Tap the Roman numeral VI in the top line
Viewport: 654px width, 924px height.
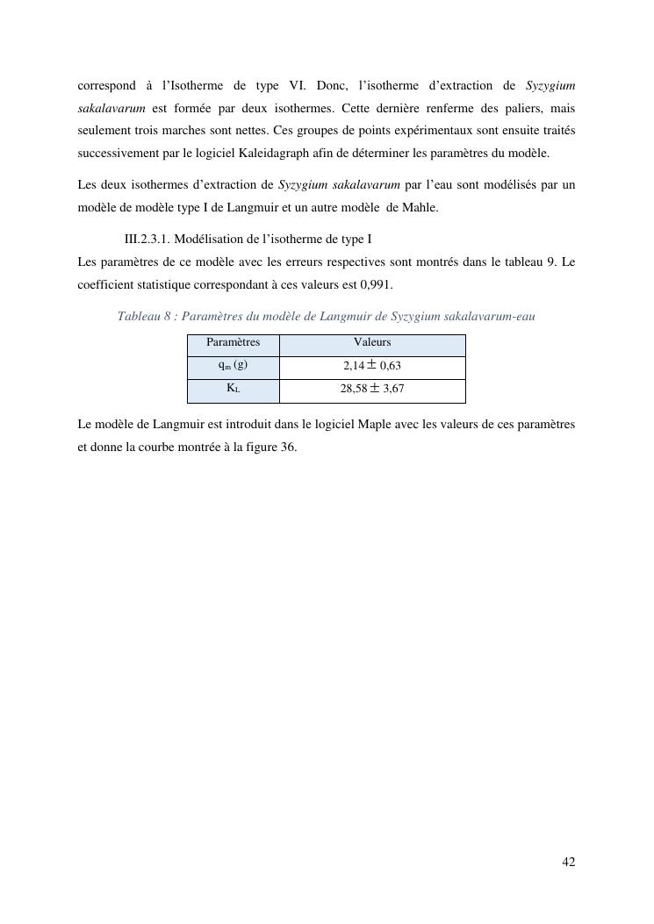pos(296,85)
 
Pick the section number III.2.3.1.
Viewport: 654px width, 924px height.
pos(149,239)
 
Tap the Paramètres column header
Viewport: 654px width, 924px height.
pos(233,342)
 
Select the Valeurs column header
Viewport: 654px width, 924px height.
pos(372,342)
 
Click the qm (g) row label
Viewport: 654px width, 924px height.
pos(233,365)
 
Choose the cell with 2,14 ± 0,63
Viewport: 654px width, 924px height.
pos(372,366)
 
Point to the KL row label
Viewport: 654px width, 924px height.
pos(233,388)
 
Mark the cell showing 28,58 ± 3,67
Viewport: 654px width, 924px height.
pos(372,389)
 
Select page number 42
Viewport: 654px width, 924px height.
pos(569,863)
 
